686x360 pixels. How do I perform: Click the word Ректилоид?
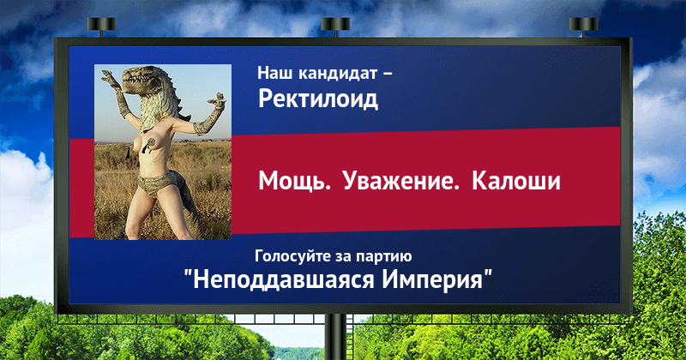pyautogui.click(x=318, y=99)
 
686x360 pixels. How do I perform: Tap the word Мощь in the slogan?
pyautogui.click(x=294, y=181)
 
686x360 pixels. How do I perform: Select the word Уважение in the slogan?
pyautogui.click(x=400, y=181)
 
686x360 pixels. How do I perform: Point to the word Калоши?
pyautogui.click(x=516, y=181)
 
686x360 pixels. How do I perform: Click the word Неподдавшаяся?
pyautogui.click(x=284, y=279)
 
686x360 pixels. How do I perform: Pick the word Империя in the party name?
pyautogui.click(x=432, y=280)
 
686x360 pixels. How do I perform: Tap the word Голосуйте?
pyautogui.click(x=293, y=256)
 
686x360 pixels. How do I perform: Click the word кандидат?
pyautogui.click(x=338, y=73)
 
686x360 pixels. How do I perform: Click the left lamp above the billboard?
pyautogui.click(x=101, y=27)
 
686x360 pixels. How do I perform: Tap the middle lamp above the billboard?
pyautogui.click(x=335, y=27)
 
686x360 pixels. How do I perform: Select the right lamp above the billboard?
pyautogui.click(x=583, y=27)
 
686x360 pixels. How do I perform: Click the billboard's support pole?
pyautogui.click(x=335, y=337)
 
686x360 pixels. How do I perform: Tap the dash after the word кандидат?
pyautogui.click(x=387, y=74)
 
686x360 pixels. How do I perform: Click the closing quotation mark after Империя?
pyautogui.click(x=488, y=273)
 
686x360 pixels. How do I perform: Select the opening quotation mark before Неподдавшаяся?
pyautogui.click(x=188, y=273)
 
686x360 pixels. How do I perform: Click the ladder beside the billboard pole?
pyautogui.click(x=351, y=337)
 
